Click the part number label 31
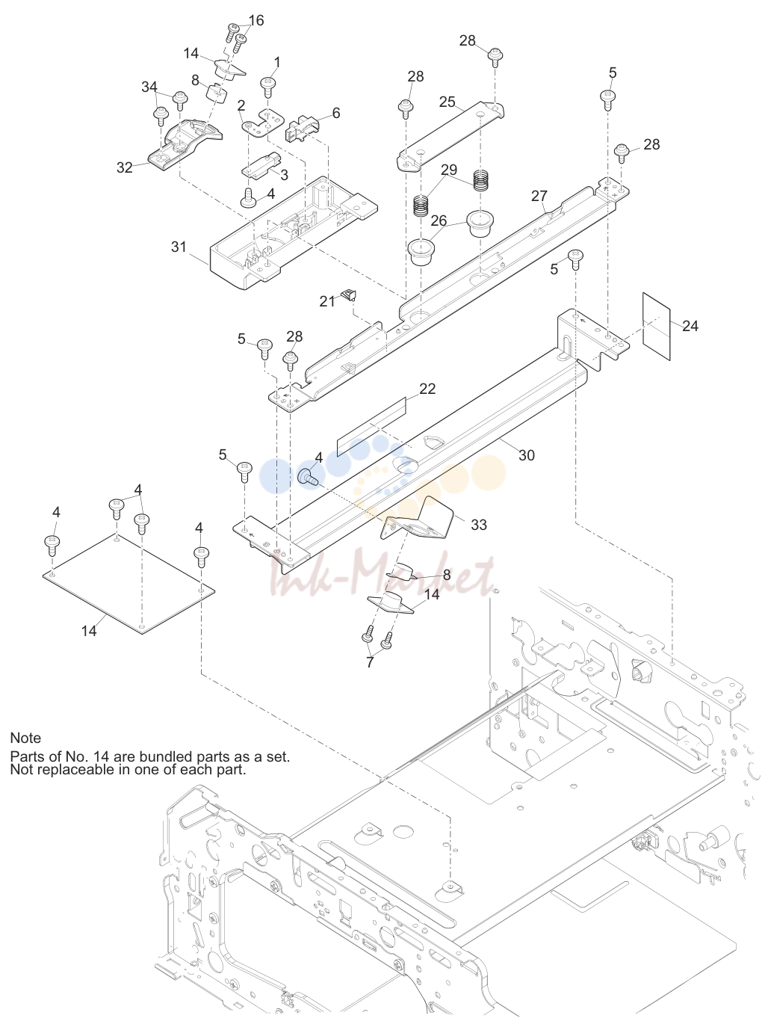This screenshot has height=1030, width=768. click(179, 247)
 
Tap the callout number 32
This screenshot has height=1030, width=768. click(125, 167)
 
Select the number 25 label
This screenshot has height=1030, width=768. click(448, 102)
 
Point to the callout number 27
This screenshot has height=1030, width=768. click(539, 195)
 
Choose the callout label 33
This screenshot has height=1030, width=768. click(479, 525)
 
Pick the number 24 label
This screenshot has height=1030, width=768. click(690, 326)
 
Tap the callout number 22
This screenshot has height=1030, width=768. click(427, 389)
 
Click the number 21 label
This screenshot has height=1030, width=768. click(327, 301)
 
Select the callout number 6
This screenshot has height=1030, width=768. click(336, 113)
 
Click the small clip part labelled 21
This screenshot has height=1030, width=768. click(349, 295)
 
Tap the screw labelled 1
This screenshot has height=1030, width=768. click(267, 87)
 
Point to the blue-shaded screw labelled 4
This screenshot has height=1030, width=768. click(309, 476)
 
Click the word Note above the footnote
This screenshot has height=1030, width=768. click(25, 738)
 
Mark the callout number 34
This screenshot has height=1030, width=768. click(149, 87)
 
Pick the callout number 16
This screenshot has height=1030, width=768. click(256, 20)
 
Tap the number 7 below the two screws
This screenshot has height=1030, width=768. click(370, 662)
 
